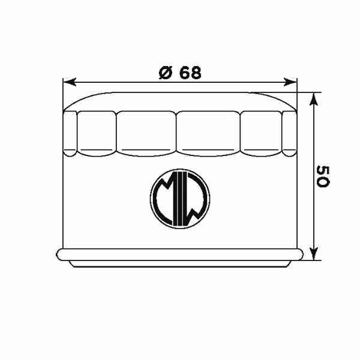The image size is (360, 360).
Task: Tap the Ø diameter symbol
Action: [166, 72]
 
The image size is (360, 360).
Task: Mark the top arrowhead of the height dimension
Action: [313, 98]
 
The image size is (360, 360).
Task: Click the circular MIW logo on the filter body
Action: [179, 200]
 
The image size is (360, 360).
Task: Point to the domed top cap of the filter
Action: [180, 99]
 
